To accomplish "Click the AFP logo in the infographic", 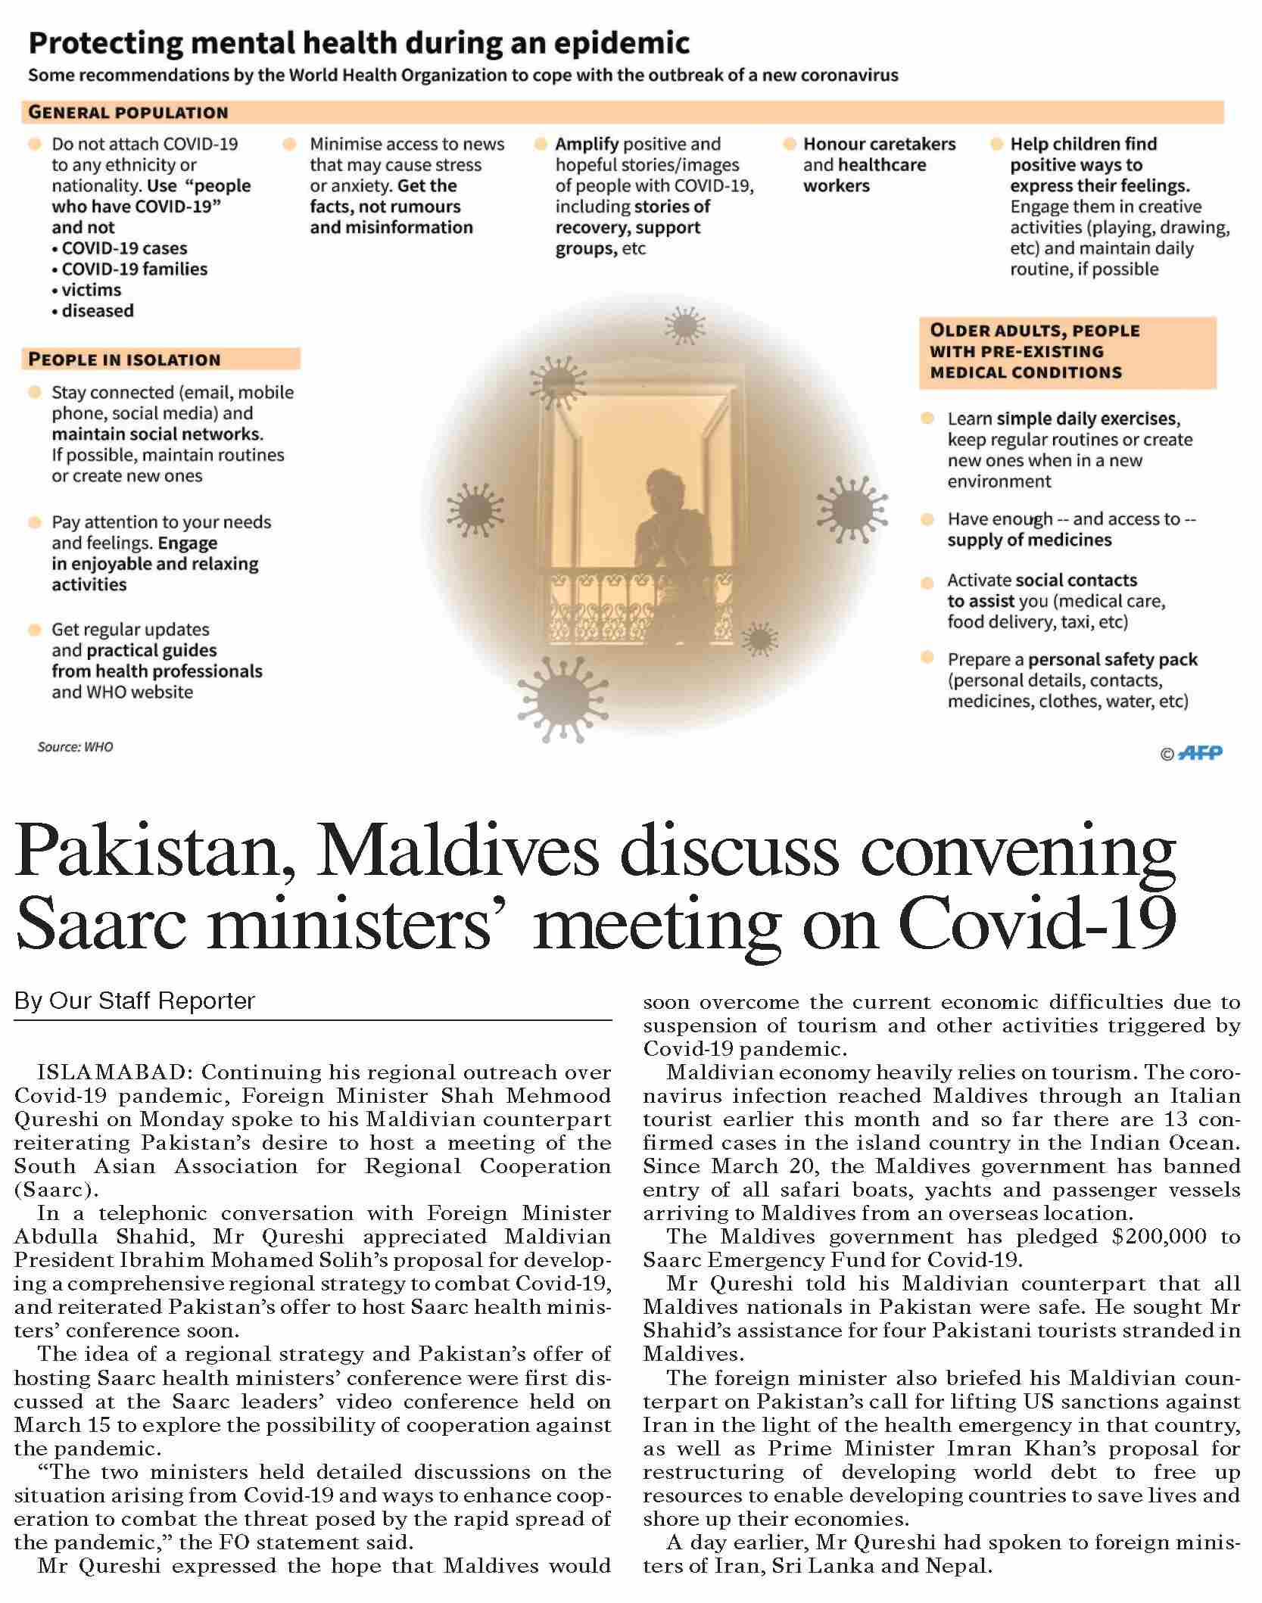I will point(1201,753).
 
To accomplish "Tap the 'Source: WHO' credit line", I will point(75,747).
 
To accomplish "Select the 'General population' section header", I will point(128,113).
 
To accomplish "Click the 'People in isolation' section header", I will point(124,360).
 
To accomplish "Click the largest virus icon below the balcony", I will point(562,697).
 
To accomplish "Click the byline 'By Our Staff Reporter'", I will point(135,1001).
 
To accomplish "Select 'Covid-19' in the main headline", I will point(1036,924).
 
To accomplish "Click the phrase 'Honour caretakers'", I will point(879,144).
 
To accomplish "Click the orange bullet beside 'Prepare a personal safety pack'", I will point(927,658).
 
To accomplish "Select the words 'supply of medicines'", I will point(1029,540).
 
